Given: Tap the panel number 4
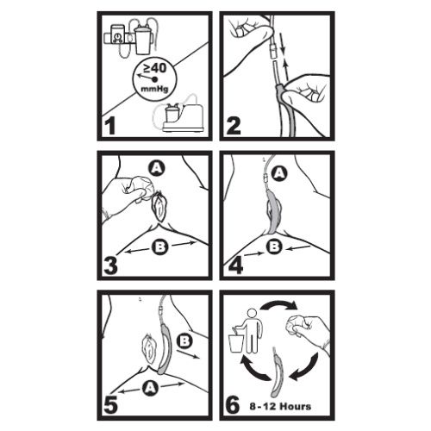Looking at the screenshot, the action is coord(235,265).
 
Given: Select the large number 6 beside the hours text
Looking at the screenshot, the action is coord(233,404).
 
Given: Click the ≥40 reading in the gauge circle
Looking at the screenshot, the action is coord(155,68).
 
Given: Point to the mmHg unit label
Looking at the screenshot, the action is coord(154,89).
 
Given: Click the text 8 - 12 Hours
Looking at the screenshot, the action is coord(280,407).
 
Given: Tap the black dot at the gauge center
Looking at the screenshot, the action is coord(155,79).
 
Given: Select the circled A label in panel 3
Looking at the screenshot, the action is coord(156,169).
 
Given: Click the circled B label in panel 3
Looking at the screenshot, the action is coord(160,247).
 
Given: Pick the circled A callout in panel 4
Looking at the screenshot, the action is coord(279,173).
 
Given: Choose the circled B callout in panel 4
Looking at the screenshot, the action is coord(274,247).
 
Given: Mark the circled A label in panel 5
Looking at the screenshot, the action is coord(150,388).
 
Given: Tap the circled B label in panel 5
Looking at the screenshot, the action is coord(184,341).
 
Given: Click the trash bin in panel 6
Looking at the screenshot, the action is coord(236,342).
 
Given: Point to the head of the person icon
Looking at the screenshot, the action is coord(252,312).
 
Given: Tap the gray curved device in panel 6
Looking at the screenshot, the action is coord(277,373).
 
